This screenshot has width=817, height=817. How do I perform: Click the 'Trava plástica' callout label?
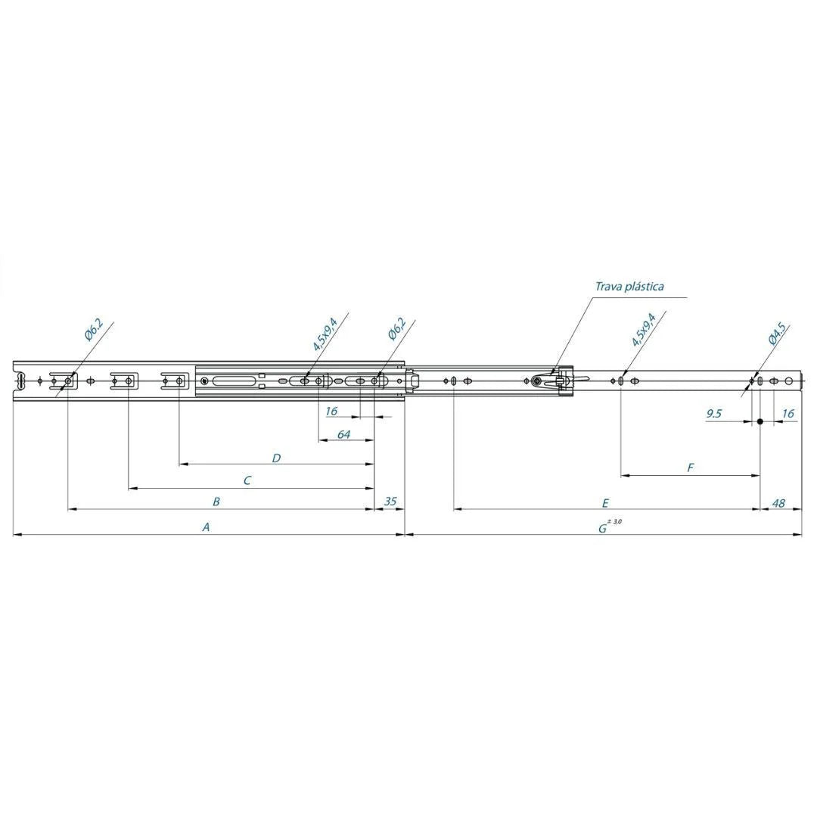[629, 287]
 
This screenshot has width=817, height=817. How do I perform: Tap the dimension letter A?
[207, 527]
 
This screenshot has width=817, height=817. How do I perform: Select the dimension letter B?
[217, 502]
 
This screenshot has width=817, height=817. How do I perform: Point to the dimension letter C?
[247, 480]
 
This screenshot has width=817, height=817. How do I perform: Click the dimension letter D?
[277, 458]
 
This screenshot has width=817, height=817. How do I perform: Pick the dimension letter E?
[605, 503]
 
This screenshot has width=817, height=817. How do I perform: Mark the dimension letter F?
[691, 468]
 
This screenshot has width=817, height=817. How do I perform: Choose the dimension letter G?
[602, 528]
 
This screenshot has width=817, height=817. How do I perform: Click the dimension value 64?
[344, 434]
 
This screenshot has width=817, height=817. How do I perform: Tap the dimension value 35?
[390, 502]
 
